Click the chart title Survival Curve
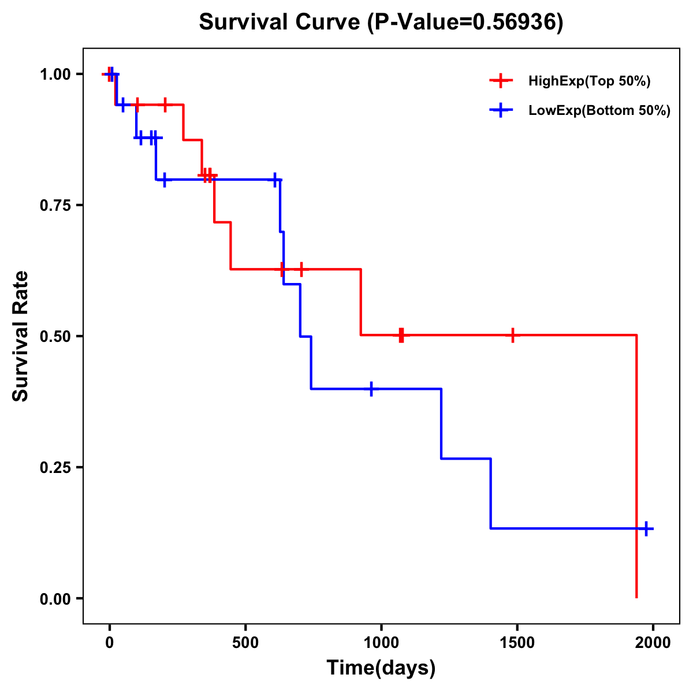(281, 23)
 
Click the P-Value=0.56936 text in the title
(465, 23)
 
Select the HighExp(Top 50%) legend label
(589, 81)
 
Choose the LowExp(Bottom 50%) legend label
(599, 111)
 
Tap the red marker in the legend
(501, 81)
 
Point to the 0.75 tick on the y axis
(55, 205)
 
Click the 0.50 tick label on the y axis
(55, 336)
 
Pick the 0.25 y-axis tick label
(55, 467)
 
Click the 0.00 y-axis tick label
(55, 598)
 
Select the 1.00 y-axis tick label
(55, 74)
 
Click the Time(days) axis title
(381, 668)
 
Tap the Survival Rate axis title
(21, 336)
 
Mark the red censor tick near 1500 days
(512, 335)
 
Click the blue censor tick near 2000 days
(646, 528)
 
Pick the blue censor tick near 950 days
(371, 389)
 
